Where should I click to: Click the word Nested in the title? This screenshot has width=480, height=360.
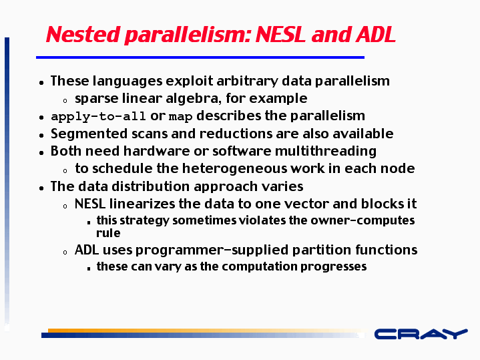(83, 34)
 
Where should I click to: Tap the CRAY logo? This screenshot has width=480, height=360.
(421, 334)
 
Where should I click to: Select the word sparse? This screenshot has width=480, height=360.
(96, 99)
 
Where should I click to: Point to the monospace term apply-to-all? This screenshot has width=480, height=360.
(98, 116)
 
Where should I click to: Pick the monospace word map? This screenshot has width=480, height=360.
(181, 117)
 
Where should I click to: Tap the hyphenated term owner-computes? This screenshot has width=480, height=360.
(362, 220)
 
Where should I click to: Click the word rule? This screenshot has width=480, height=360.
(108, 233)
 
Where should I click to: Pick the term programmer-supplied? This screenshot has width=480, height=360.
(212, 250)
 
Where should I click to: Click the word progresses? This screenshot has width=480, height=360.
(333, 266)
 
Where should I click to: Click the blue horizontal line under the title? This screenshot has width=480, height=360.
(200, 57)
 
